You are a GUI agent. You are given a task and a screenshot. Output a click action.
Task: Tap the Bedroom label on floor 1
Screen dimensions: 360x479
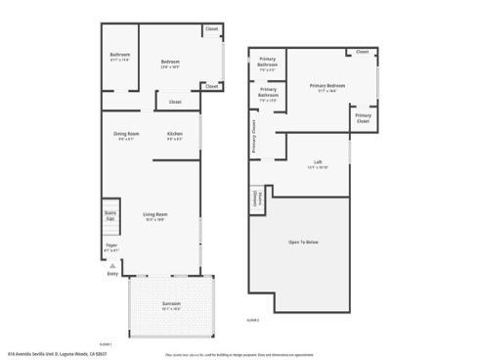[x=171, y=63]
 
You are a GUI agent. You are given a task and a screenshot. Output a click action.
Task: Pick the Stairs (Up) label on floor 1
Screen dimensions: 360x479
[x=110, y=215]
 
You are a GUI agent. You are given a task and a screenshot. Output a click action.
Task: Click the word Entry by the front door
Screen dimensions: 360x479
[x=111, y=273]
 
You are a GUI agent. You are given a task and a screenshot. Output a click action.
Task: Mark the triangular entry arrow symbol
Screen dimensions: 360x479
[x=111, y=264]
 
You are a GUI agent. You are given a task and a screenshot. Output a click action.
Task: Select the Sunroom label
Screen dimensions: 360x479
[x=171, y=305]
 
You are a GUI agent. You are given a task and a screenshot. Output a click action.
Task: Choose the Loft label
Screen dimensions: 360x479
[x=318, y=162]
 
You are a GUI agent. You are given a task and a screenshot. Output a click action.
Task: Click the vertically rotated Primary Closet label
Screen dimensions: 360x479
[x=254, y=137]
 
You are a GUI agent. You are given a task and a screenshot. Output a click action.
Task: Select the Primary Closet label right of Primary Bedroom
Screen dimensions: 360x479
[x=363, y=117]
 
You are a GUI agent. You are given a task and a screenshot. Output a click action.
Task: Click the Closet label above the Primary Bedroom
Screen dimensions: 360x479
[x=362, y=52]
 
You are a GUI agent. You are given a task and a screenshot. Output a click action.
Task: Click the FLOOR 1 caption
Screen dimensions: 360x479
[x=105, y=343]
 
